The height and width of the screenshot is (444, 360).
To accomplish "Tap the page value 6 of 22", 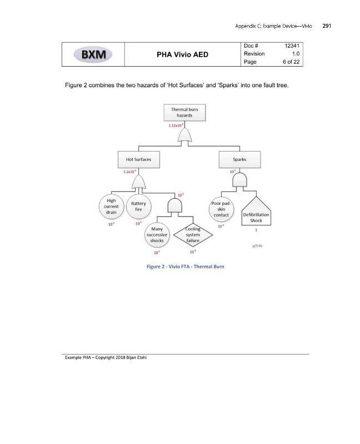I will (x=289, y=62).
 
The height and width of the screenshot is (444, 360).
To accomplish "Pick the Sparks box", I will (x=240, y=159).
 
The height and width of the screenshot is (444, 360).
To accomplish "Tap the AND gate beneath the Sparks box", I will (x=239, y=180).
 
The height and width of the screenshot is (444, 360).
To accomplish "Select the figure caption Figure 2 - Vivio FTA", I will (x=181, y=267).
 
